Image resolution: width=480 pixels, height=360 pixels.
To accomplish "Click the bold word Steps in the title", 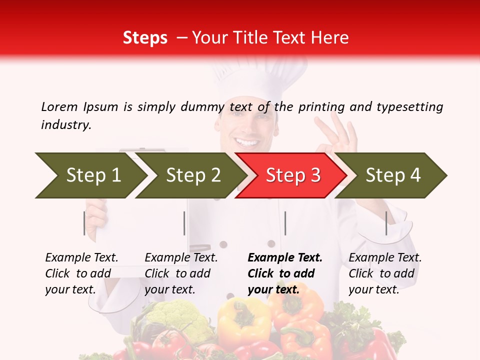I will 145,37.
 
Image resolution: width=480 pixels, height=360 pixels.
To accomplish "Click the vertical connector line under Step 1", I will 84,223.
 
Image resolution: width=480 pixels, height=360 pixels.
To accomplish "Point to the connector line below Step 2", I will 184,223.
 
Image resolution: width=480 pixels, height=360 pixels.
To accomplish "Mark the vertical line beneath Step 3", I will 285,223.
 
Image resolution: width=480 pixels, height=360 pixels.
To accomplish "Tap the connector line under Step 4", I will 386,223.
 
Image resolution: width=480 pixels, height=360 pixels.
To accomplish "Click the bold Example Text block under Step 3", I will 285,273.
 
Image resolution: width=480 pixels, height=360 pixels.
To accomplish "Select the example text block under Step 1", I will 81,273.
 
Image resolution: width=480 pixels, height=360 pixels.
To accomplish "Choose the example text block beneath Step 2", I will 181,273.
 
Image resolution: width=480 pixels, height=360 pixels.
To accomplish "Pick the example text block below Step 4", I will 385,273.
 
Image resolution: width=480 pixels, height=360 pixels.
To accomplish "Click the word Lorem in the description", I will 59,106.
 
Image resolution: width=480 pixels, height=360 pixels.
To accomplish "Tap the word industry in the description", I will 66,125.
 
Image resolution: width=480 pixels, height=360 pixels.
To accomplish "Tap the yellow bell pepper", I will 243,322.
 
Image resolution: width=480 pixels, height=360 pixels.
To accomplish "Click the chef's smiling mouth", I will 247,142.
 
